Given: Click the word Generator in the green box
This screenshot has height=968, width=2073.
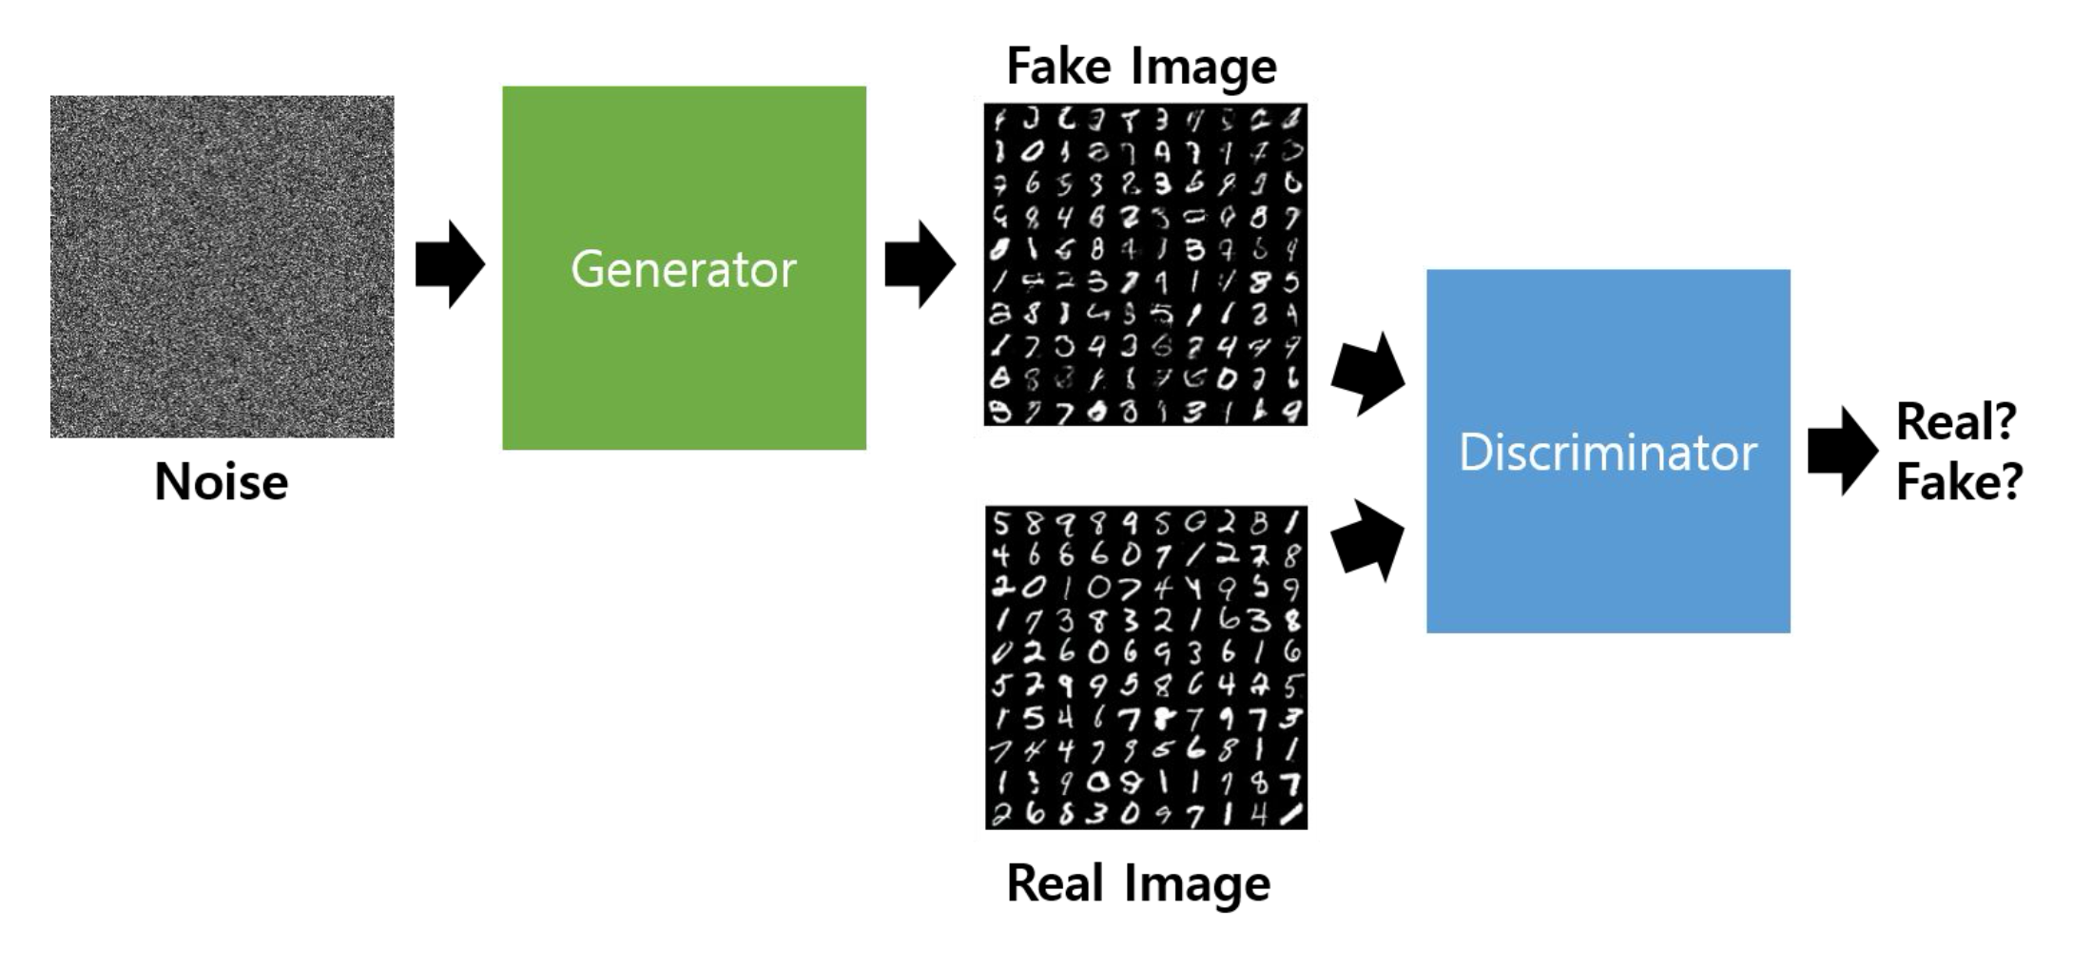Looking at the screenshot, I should click(683, 269).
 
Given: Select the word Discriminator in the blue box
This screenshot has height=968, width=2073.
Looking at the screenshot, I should click(1607, 453).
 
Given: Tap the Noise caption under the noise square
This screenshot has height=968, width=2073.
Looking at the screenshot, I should click(221, 482).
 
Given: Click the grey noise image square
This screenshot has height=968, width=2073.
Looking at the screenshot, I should click(222, 266).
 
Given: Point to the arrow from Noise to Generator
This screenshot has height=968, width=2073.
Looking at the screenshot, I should click(450, 264).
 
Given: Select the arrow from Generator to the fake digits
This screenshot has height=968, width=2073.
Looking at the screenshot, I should click(920, 264).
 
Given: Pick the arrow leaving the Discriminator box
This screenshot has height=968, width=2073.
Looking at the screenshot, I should click(1842, 451).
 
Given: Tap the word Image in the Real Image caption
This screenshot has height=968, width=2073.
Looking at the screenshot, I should click(1198, 885).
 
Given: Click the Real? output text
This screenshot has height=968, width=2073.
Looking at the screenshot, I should click(1955, 421).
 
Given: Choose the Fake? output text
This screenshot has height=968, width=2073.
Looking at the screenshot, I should click(1959, 482).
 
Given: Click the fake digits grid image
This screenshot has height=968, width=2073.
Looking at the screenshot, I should click(1145, 264).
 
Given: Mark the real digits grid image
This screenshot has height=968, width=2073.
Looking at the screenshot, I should click(1146, 668).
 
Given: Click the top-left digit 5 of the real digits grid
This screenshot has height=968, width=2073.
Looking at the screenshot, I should click(1001, 523).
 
